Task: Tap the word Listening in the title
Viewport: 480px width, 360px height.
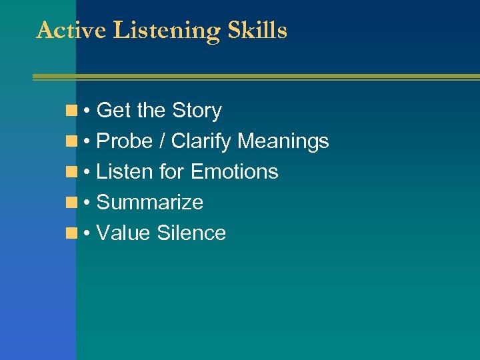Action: (x=167, y=31)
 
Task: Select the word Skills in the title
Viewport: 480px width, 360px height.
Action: (x=257, y=30)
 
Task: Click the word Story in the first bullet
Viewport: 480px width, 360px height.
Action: (x=197, y=111)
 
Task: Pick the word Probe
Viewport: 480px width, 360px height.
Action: (x=125, y=141)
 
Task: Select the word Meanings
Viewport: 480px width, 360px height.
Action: (x=283, y=141)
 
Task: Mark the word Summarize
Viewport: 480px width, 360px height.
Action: (x=150, y=203)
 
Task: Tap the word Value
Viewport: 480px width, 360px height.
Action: (x=123, y=233)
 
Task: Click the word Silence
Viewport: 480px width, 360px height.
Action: (x=191, y=233)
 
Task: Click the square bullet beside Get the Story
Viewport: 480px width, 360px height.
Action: (x=71, y=111)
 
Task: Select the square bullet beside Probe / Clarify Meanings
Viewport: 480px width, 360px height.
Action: (x=71, y=141)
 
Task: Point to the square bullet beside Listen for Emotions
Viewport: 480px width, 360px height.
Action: (x=71, y=172)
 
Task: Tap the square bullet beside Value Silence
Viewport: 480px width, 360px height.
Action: (x=71, y=233)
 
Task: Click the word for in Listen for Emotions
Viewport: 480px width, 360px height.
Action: (x=173, y=172)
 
